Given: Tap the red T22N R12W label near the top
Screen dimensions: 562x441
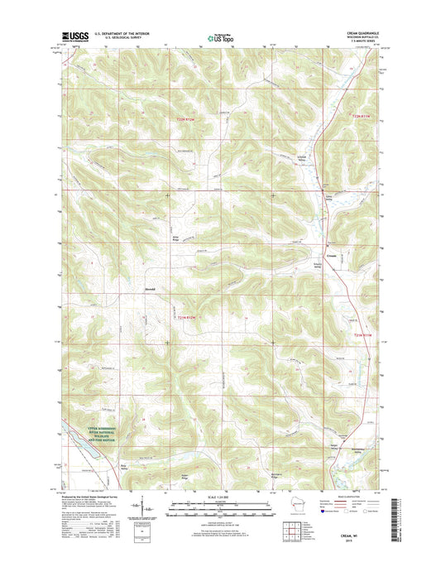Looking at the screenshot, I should pyautogui.click(x=188, y=122).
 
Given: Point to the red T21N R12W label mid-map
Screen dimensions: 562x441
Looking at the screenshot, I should pyautogui.click(x=187, y=316).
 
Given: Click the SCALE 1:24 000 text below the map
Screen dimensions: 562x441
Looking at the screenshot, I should pyautogui.click(x=220, y=497).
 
